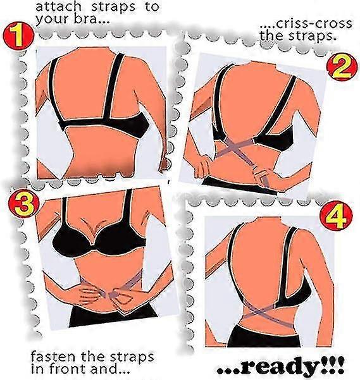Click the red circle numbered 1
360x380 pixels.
point(18,36)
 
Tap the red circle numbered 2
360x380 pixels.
point(342,66)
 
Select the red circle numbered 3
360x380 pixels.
point(24,203)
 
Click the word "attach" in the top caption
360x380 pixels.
point(58,6)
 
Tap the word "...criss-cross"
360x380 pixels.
point(306,24)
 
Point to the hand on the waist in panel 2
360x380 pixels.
point(202,166)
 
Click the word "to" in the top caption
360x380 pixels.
point(152,6)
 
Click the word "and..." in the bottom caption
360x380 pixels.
point(108,369)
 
